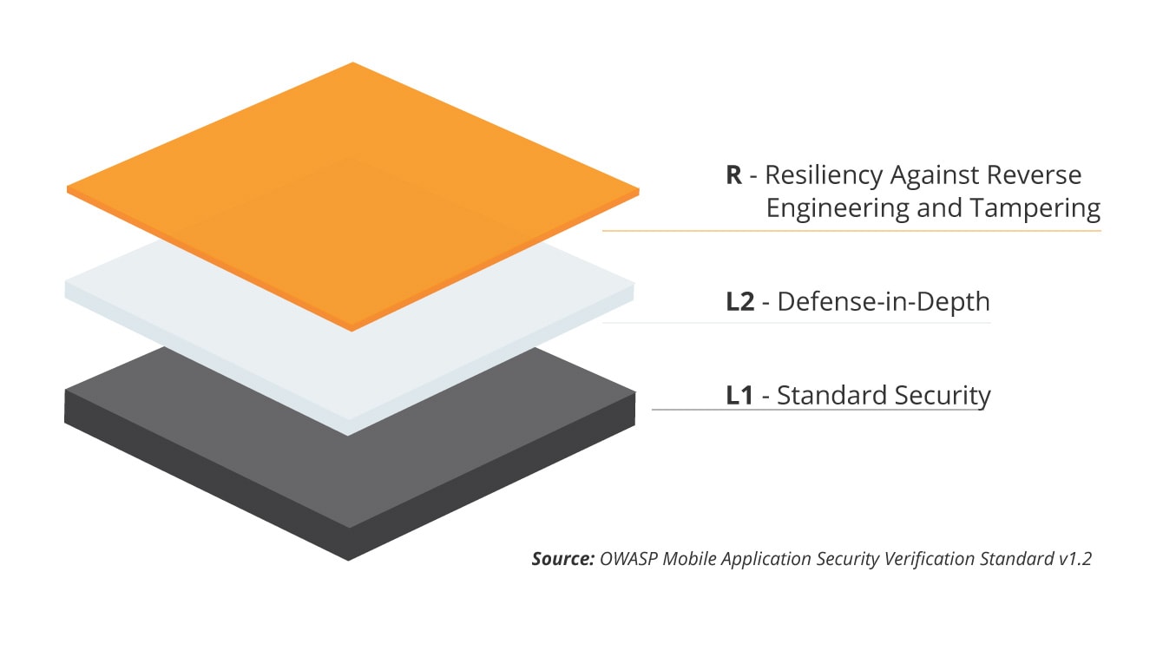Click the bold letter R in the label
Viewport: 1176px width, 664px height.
[734, 175]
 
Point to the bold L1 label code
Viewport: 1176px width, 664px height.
[739, 396]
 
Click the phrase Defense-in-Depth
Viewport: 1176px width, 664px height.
[884, 302]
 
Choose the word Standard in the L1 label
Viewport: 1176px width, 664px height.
[824, 396]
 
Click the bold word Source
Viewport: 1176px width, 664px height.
[562, 558]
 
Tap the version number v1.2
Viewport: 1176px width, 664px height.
[1074, 558]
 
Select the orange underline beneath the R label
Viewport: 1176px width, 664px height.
[851, 231]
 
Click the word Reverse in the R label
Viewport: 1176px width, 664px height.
[1036, 175]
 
